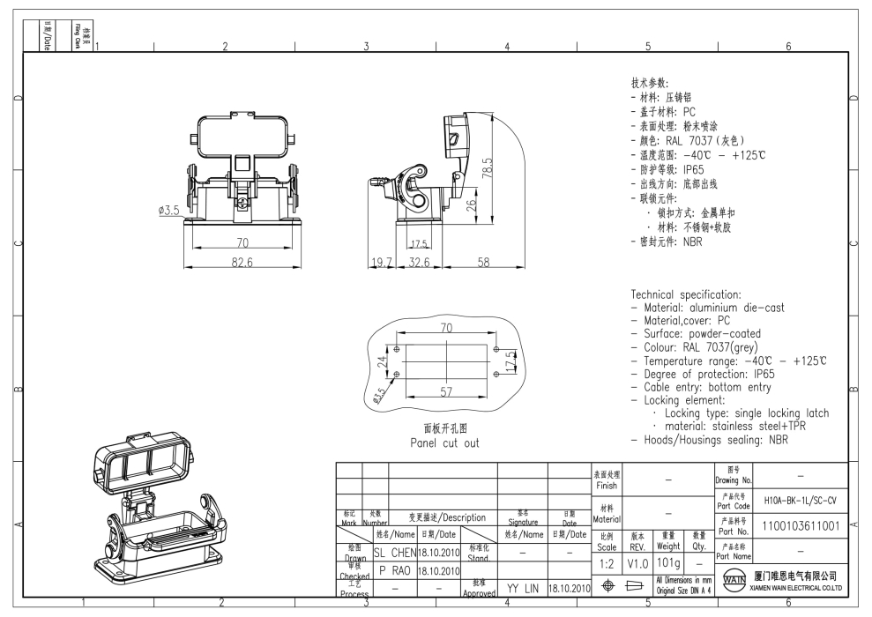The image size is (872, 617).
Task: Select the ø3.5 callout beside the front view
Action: [x=165, y=210]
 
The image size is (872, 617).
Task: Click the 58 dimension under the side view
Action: [x=483, y=262]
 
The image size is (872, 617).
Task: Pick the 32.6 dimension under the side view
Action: [x=420, y=262]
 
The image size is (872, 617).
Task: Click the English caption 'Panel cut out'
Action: [x=444, y=442]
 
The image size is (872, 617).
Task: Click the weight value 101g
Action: [x=668, y=562]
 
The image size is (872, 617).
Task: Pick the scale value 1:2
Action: [x=607, y=562]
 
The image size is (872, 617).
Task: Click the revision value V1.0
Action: [x=638, y=562]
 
